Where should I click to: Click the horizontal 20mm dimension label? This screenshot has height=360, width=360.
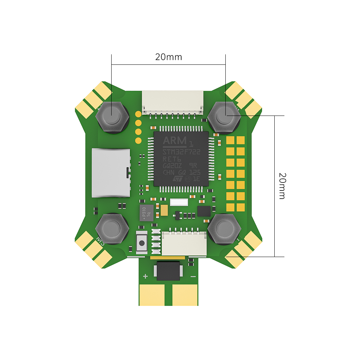[168, 57]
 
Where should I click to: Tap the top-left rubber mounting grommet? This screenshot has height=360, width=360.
[112, 116]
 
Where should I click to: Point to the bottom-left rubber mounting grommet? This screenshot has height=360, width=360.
[112, 228]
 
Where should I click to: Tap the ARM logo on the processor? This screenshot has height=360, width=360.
[175, 140]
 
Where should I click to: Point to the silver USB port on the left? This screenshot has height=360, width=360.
[111, 173]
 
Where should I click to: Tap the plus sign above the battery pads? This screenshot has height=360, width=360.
[145, 276]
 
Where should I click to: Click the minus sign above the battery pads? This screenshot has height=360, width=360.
[193, 276]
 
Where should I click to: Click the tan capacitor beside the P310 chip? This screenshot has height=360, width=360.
[165, 209]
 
